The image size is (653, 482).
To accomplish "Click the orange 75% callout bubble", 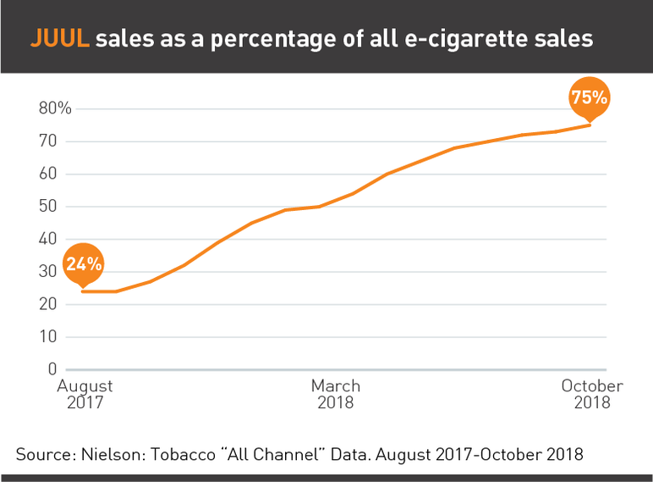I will (x=590, y=97).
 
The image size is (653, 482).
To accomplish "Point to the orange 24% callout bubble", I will (x=84, y=263).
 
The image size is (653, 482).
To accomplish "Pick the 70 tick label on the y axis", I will (x=48, y=141).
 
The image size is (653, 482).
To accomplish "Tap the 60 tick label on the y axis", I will (x=48, y=174).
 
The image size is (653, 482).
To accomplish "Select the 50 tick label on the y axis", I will (x=48, y=207).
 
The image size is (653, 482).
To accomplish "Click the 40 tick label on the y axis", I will (x=48, y=239).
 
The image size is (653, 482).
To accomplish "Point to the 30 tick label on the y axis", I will (x=48, y=272).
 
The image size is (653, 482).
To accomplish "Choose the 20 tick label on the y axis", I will (x=48, y=304).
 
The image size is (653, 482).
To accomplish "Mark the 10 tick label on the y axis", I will (x=48, y=337).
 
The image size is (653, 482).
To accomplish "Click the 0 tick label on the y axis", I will (x=52, y=369).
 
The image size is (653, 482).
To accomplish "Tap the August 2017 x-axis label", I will (x=85, y=394).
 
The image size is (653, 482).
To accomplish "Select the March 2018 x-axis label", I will (x=336, y=394).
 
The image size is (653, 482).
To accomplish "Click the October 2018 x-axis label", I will (x=592, y=394).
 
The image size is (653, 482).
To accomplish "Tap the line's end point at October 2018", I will (x=590, y=125).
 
